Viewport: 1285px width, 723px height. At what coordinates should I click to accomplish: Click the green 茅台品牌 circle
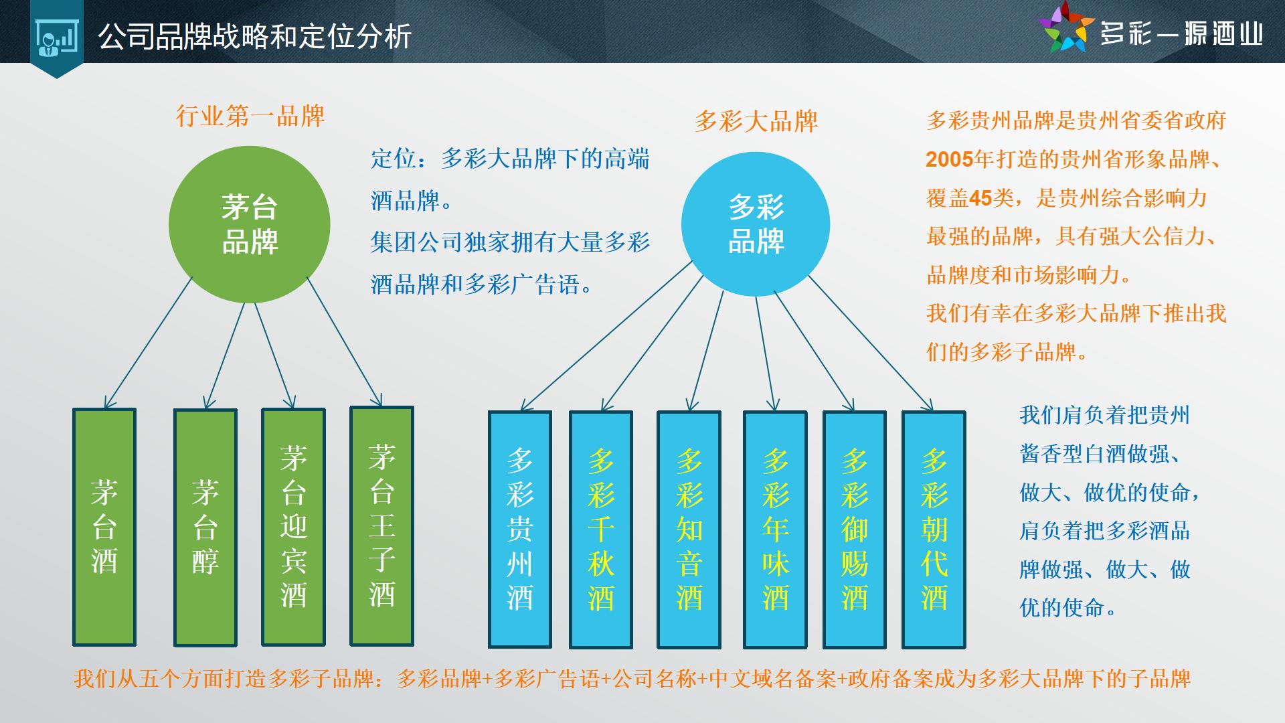point(250,224)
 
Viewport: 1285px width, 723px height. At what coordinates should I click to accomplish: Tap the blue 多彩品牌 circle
point(756,224)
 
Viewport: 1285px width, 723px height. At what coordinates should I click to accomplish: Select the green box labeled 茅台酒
point(104,527)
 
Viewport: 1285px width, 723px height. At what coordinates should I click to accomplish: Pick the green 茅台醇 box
point(205,528)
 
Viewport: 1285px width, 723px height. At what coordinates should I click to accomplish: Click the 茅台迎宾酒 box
point(293,527)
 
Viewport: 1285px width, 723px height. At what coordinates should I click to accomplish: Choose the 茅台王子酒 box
point(382,526)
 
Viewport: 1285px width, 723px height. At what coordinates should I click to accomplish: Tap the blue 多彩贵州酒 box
point(520,530)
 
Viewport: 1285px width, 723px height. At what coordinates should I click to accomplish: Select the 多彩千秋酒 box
point(601,530)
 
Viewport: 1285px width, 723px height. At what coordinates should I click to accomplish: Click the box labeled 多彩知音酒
point(689,530)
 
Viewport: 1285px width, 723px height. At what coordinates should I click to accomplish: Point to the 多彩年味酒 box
point(775,530)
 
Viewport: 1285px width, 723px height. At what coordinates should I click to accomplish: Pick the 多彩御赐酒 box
point(855,530)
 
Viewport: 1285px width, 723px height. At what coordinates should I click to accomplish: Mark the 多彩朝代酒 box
point(934,530)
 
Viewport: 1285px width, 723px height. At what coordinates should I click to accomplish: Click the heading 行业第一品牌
point(250,116)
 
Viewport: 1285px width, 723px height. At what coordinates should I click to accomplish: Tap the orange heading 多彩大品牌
point(756,122)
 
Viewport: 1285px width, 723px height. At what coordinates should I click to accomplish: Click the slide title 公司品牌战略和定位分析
point(255,37)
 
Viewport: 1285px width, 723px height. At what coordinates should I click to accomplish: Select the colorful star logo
point(1066,28)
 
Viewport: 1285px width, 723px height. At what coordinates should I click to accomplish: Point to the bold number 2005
point(950,159)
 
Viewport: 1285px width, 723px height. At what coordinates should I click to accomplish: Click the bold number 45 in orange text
point(980,198)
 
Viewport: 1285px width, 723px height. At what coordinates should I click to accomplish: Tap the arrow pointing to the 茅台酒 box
point(149,343)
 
